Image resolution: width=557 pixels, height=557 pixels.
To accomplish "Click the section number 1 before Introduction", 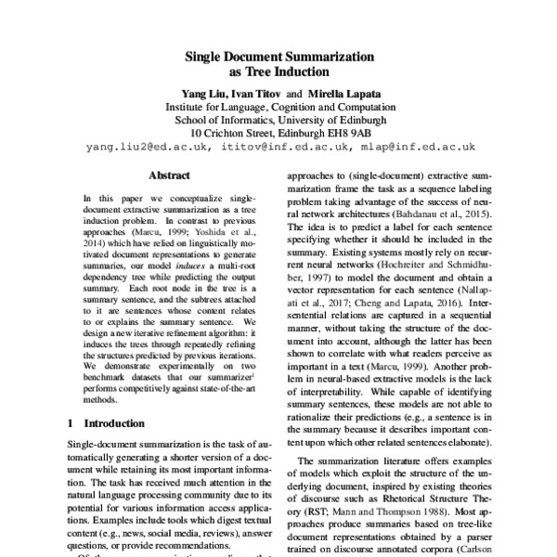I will (x=71, y=422).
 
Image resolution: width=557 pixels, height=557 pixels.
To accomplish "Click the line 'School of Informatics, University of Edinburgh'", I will (x=278, y=120).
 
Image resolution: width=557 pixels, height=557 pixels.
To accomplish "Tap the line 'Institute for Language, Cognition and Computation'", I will (x=278, y=107).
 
